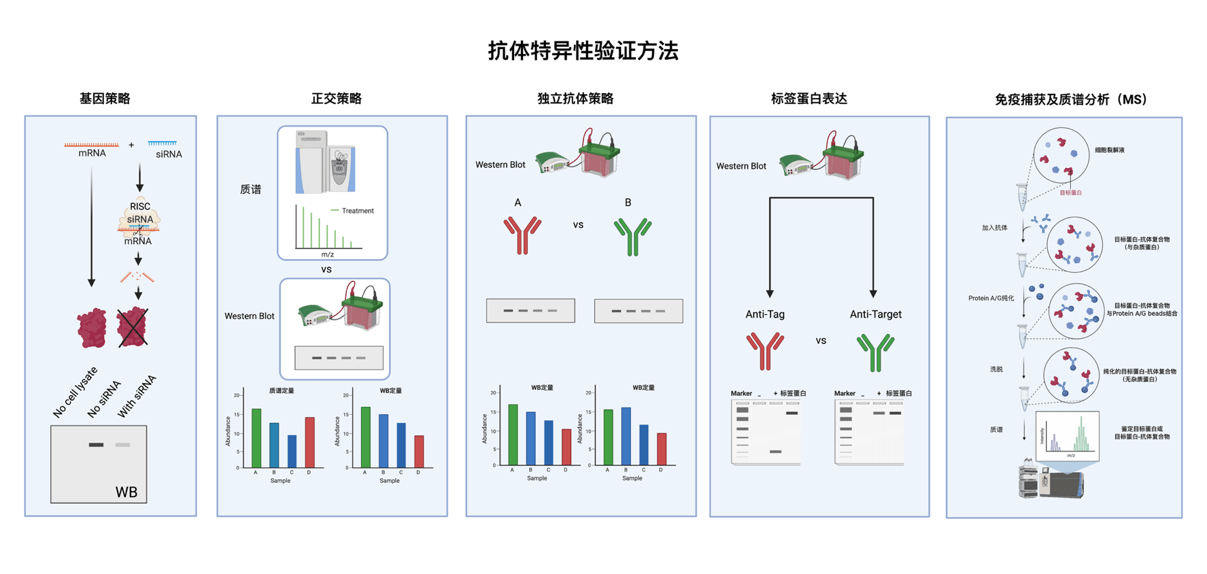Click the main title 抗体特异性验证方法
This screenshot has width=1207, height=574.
click(x=583, y=51)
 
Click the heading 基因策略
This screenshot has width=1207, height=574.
click(x=105, y=99)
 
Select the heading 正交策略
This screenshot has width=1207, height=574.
click(x=336, y=99)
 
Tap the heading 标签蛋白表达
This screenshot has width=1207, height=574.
click(x=809, y=99)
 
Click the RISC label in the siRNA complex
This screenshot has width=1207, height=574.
click(x=140, y=207)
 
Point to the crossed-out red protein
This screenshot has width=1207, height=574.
click(x=133, y=327)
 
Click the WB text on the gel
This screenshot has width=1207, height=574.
click(x=126, y=492)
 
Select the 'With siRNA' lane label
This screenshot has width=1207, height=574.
click(x=137, y=396)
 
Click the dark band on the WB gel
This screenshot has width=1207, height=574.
click(x=97, y=445)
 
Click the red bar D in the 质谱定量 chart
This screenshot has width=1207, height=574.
click(x=309, y=442)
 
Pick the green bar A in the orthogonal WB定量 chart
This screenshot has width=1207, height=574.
click(x=366, y=437)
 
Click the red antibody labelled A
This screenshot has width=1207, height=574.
click(x=522, y=235)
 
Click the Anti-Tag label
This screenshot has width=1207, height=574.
click(x=765, y=314)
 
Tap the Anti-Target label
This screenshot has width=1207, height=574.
click(x=875, y=314)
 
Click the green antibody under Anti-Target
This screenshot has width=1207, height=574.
click(x=875, y=352)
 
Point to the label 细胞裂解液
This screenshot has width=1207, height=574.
click(x=1109, y=150)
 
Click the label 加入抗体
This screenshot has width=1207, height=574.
click(x=994, y=228)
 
